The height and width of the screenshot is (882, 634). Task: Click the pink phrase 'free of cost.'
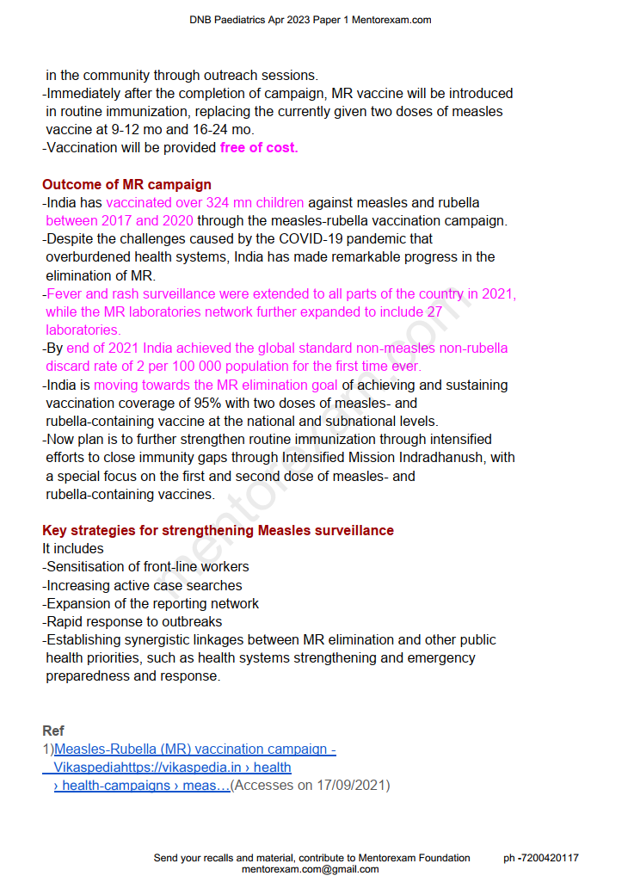tap(259, 148)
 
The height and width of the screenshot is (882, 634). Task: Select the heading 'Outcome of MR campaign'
tap(126, 184)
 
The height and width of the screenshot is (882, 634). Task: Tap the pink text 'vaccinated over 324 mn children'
tap(205, 203)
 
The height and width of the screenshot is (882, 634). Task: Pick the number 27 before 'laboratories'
tap(435, 312)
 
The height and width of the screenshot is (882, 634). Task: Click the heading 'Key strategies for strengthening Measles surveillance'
tap(218, 531)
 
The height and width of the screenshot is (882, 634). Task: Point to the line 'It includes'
tap(73, 549)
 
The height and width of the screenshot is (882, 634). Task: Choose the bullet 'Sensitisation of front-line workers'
tap(147, 567)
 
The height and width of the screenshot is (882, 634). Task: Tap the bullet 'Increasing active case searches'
tap(144, 585)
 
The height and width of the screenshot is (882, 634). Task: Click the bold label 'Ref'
tap(53, 731)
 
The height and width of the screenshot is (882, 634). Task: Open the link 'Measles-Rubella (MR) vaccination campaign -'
tap(195, 749)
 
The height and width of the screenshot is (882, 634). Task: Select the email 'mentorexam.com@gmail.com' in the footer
tap(310, 869)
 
